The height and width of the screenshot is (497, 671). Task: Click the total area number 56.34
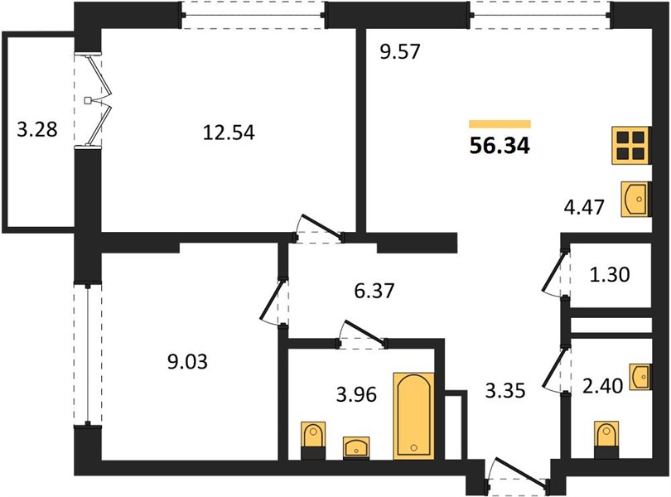click(500, 146)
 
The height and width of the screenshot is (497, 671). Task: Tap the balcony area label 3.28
click(37, 129)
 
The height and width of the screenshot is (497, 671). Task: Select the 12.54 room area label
click(229, 133)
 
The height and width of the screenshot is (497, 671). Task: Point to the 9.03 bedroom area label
click(187, 362)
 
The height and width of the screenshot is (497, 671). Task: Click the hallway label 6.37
click(374, 291)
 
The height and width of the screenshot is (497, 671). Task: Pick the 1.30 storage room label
click(610, 274)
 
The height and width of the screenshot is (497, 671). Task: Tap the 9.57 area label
click(401, 52)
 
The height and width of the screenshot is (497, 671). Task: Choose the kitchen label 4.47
click(584, 207)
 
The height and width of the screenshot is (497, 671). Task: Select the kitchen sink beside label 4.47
click(635, 199)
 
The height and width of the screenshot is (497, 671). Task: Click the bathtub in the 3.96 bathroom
click(413, 416)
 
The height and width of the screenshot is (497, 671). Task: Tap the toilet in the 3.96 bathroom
click(313, 441)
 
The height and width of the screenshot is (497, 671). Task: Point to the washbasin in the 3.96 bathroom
click(356, 448)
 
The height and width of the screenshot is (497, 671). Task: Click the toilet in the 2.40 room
click(606, 440)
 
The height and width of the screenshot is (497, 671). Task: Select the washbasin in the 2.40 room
click(640, 377)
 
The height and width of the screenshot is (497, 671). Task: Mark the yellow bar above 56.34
click(500, 124)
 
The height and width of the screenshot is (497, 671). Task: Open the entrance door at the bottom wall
click(517, 475)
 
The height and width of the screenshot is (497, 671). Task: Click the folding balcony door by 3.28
click(95, 100)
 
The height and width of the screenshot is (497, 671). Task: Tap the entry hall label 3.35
click(505, 391)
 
